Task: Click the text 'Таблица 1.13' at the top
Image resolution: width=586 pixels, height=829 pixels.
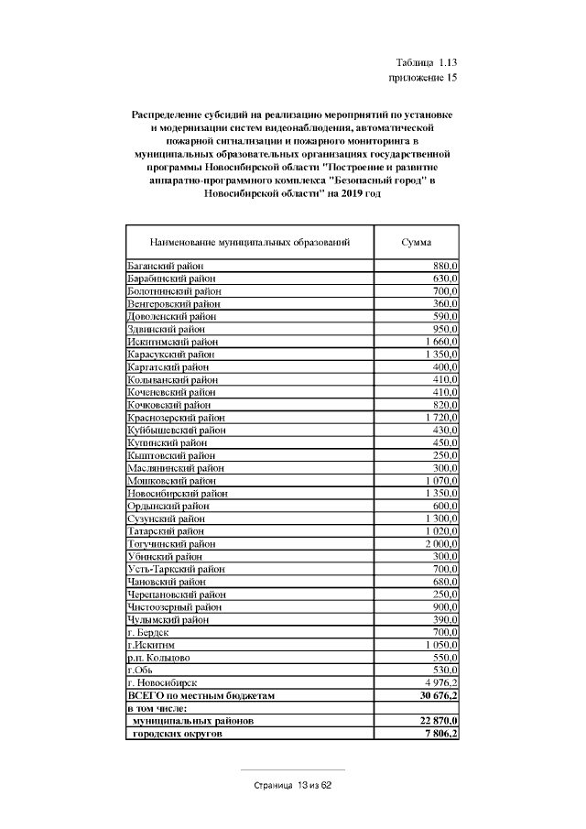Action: (426, 62)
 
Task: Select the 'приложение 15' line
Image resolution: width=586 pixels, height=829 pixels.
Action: (423, 78)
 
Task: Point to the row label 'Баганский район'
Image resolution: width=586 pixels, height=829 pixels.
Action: (165, 265)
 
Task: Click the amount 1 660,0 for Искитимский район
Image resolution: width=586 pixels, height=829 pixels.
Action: (441, 341)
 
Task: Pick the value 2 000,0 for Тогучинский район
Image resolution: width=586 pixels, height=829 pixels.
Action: (440, 543)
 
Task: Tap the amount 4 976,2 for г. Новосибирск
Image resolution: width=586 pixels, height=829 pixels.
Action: (441, 682)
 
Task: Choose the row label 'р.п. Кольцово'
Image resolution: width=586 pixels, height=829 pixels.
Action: (157, 657)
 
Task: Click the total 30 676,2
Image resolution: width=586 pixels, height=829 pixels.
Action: (438, 695)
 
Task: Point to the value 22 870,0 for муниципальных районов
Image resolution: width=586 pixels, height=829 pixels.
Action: (438, 721)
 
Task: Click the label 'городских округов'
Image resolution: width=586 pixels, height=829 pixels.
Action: (179, 734)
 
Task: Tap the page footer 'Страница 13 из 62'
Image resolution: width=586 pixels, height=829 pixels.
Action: (293, 786)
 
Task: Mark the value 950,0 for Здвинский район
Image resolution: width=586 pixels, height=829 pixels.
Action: (445, 328)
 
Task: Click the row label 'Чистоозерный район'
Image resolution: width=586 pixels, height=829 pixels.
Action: (173, 606)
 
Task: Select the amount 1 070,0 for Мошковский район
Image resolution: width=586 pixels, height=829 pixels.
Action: (441, 480)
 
